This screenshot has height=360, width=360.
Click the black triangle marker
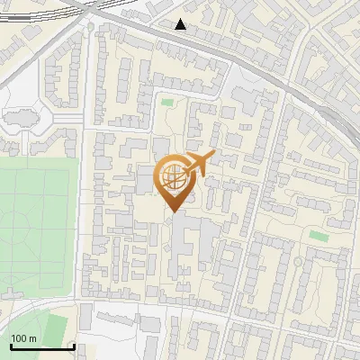point(181,24)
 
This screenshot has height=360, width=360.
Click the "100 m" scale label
point(22,338)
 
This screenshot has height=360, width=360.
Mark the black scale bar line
point(41,346)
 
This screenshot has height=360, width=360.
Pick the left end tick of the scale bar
point(10,344)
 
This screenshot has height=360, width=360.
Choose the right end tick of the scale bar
point(73,344)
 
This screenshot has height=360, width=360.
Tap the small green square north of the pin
point(167,103)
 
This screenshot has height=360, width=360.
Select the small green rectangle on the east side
point(318,236)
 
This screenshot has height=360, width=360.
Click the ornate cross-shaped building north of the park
point(23,116)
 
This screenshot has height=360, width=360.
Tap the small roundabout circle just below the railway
point(90,28)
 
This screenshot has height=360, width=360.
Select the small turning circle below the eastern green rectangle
point(298,262)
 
